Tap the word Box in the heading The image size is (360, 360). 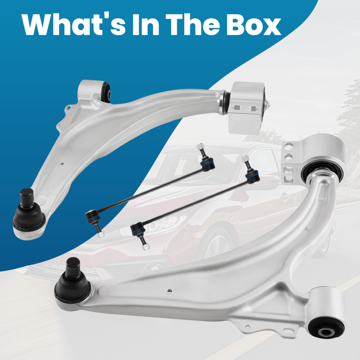(254, 25)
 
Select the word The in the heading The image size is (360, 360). (192, 25)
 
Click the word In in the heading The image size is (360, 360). (145, 25)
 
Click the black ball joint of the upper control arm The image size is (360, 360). (28, 213)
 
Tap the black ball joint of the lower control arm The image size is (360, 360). (73, 281)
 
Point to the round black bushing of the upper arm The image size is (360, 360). (106, 92)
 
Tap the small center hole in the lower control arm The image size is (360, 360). (170, 291)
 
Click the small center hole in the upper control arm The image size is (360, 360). (62, 164)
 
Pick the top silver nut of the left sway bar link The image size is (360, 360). (201, 146)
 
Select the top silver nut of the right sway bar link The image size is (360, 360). (245, 158)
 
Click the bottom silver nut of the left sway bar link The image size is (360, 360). (101, 234)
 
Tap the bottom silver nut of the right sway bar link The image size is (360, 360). (146, 247)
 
